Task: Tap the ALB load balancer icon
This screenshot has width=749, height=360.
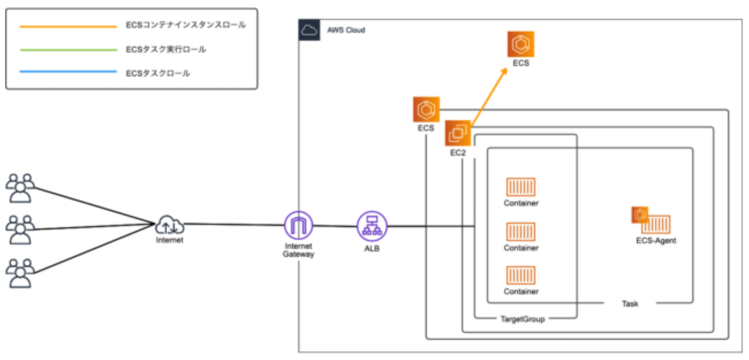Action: (x=371, y=225)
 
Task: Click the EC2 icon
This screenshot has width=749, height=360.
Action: (x=458, y=133)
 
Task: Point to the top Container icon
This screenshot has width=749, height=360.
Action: (x=521, y=187)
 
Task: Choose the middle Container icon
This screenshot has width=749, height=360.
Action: (x=521, y=232)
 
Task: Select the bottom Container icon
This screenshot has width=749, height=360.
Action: (x=521, y=276)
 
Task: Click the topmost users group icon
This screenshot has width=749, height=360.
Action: (x=20, y=188)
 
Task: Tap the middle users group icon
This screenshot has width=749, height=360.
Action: (x=20, y=230)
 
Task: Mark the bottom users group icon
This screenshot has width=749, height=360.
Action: (x=20, y=272)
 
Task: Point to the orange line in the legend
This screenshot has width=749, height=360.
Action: (x=68, y=27)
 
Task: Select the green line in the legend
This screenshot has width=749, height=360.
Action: (x=68, y=50)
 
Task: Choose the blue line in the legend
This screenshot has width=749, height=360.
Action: (x=68, y=73)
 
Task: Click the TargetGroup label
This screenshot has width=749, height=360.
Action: (x=522, y=319)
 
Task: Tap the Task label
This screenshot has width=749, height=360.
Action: (x=629, y=303)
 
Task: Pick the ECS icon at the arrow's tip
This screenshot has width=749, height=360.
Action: (x=522, y=44)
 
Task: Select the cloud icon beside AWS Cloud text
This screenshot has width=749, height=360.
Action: (x=309, y=31)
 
